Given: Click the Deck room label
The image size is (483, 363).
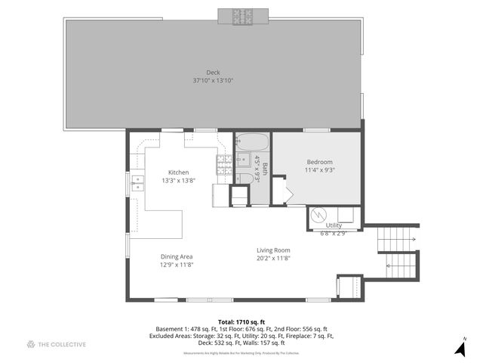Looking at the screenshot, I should pos(213,73).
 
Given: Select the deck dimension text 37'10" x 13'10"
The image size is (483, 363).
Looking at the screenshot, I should pos(213,80).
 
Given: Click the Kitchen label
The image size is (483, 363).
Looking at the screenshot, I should pos(178,172).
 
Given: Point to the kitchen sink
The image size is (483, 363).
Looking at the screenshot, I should pos(138,181).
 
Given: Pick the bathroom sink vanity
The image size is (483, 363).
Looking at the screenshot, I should pos(243,159).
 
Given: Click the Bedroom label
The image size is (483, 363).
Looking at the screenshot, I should pos(319,163).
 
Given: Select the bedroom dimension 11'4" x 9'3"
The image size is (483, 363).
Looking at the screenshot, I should pos(319,171).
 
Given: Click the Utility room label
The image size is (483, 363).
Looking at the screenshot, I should pos(334,225).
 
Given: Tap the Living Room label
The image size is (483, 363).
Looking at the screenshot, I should pos(273,250).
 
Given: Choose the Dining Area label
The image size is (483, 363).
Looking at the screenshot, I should pos(177,257).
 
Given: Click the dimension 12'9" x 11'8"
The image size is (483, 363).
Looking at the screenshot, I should pos(177,265).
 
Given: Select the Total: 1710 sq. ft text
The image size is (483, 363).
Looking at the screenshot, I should pos(241,321).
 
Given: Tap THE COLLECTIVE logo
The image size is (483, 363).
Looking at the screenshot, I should pos(57,345).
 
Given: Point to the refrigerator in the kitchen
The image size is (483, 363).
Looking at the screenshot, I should pos(220,194).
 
